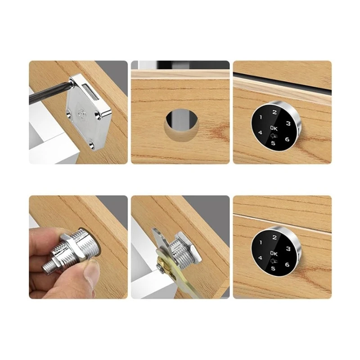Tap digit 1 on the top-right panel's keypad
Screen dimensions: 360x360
click(x=260, y=117)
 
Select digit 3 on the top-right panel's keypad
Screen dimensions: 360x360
click(x=288, y=123)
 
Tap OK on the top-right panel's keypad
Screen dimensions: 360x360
click(x=274, y=128)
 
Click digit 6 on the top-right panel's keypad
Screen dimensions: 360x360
click(x=287, y=139)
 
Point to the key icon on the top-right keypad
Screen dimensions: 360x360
click(x=273, y=135)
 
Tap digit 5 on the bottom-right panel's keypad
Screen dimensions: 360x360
click(x=272, y=269)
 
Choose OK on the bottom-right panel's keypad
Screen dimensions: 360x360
click(x=274, y=253)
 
